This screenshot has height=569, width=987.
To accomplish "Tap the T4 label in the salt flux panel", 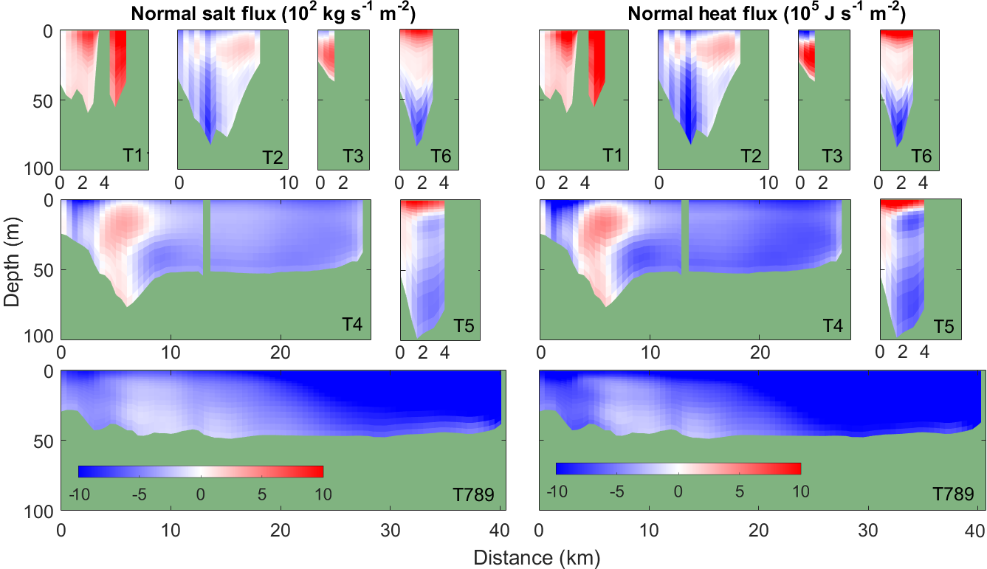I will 352,324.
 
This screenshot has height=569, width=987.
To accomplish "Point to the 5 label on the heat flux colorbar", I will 740,490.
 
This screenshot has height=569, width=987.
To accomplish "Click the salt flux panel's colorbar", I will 201,472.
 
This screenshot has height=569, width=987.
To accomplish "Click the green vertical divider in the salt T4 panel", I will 207,236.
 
